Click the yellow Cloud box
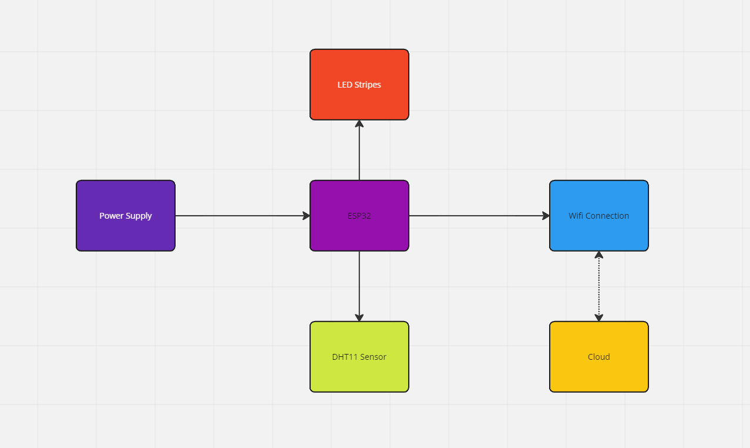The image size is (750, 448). coord(598,373)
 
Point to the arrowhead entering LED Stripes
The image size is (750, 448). coord(359,123)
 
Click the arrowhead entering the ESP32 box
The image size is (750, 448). coord(306,216)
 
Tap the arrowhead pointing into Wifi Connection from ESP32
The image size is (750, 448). coord(546,216)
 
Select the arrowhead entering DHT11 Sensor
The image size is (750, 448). coord(359,317)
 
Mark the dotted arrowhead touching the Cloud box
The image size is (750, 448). coord(599,318)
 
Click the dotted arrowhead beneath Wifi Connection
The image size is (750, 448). coord(599,255)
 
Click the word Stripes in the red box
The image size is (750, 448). coord(368,85)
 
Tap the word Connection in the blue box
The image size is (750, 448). coord(608,216)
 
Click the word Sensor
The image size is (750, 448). coord(373,357)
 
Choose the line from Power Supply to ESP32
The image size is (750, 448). coord(241,216)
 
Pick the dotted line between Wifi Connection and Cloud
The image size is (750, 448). coord(599,286)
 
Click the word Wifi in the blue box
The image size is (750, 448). coord(576,216)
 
